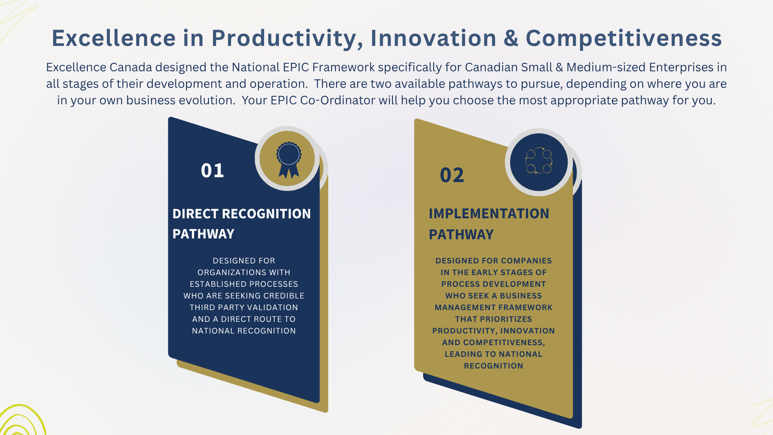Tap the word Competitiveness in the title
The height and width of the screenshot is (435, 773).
pyautogui.click(x=624, y=38)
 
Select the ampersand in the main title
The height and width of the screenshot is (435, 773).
pyautogui.click(x=511, y=38)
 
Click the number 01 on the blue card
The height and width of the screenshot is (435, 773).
pyautogui.click(x=212, y=170)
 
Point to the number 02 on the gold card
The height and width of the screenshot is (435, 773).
pyautogui.click(x=452, y=175)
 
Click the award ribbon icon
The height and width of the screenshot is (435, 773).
pyautogui.click(x=289, y=159)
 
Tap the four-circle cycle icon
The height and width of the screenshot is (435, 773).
pyautogui.click(x=539, y=161)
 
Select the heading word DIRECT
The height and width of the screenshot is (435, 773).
pyautogui.click(x=196, y=213)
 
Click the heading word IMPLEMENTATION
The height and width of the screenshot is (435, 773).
pyautogui.click(x=489, y=213)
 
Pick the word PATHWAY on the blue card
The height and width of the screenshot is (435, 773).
pyautogui.click(x=203, y=234)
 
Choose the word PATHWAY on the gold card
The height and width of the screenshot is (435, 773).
pyautogui.click(x=461, y=234)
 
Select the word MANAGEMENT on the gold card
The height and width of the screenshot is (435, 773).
pyautogui.click(x=463, y=307)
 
